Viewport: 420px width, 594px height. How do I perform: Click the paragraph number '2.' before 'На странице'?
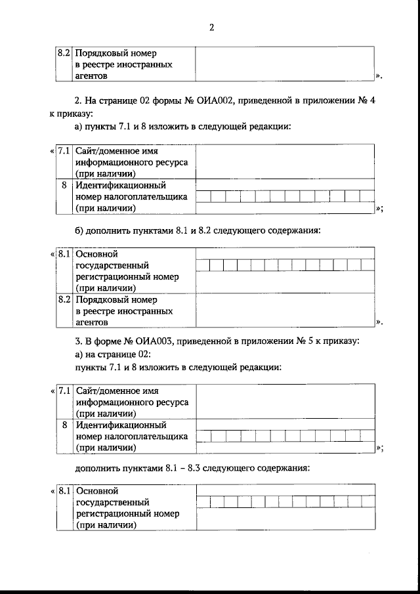click(x=79, y=100)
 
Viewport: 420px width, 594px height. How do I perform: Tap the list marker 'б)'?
click(x=80, y=231)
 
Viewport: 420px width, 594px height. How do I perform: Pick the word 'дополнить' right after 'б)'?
click(x=108, y=231)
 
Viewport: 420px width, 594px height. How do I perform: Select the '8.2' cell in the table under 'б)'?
click(x=64, y=299)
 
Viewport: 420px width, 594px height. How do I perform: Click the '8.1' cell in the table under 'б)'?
click(x=64, y=254)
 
